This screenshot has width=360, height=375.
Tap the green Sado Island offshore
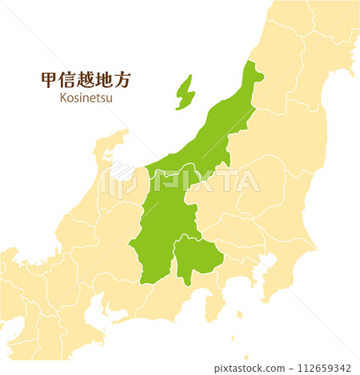point(185,92)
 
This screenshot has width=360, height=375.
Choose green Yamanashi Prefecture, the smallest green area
point(195,257)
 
